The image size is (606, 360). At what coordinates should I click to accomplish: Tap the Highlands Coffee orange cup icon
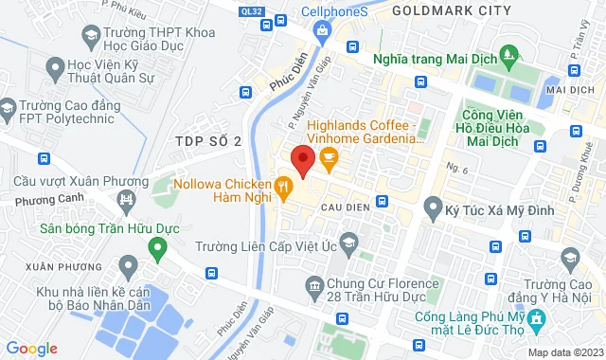pos(329,162)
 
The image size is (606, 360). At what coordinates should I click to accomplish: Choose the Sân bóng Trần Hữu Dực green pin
pos(157,250)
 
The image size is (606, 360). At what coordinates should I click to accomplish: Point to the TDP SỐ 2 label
pos(208,141)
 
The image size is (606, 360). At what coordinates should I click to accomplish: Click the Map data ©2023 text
pos(564,352)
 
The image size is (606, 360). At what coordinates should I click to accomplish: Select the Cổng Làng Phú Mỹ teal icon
pos(536,320)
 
